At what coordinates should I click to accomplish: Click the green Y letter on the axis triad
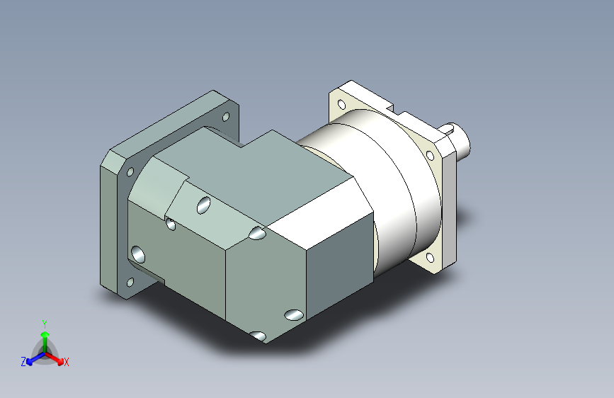44,323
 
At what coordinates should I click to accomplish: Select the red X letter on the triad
67,362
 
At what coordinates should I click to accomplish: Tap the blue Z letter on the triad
23,361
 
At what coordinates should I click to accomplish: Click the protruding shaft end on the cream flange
462,140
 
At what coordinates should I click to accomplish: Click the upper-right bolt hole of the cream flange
429,155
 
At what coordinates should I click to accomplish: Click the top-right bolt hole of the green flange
226,117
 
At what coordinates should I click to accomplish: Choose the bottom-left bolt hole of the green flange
130,283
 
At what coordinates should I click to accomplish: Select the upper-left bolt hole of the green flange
130,171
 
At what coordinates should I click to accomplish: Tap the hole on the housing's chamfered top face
203,206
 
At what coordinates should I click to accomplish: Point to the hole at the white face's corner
257,233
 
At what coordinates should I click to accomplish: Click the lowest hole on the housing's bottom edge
258,336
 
